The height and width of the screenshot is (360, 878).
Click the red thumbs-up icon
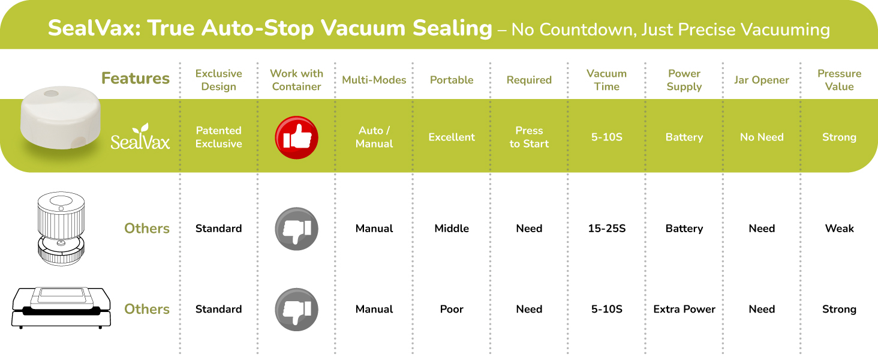coord(296,137)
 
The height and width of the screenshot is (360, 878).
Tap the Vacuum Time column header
coord(606,80)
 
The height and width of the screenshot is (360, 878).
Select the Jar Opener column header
coord(761,80)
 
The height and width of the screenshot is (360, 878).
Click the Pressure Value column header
coord(839,80)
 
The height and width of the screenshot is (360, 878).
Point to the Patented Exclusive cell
coord(219,137)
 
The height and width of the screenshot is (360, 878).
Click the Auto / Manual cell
coord(374,137)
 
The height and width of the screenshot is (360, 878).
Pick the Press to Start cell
coord(529,137)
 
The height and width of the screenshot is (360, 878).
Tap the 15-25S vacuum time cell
coord(607,228)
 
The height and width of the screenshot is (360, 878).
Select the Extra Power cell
coord(684,309)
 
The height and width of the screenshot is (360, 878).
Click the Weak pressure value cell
coord(839,228)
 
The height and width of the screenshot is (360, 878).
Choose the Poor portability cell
coord(452,309)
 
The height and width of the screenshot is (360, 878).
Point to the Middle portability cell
coord(452,228)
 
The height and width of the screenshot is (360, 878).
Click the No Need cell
coord(762,137)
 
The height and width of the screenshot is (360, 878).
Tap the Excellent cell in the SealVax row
coord(452,137)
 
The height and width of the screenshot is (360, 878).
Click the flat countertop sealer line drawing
coord(61,308)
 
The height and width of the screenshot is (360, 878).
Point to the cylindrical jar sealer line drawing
coord(61,229)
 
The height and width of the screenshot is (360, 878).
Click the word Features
coord(135,78)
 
